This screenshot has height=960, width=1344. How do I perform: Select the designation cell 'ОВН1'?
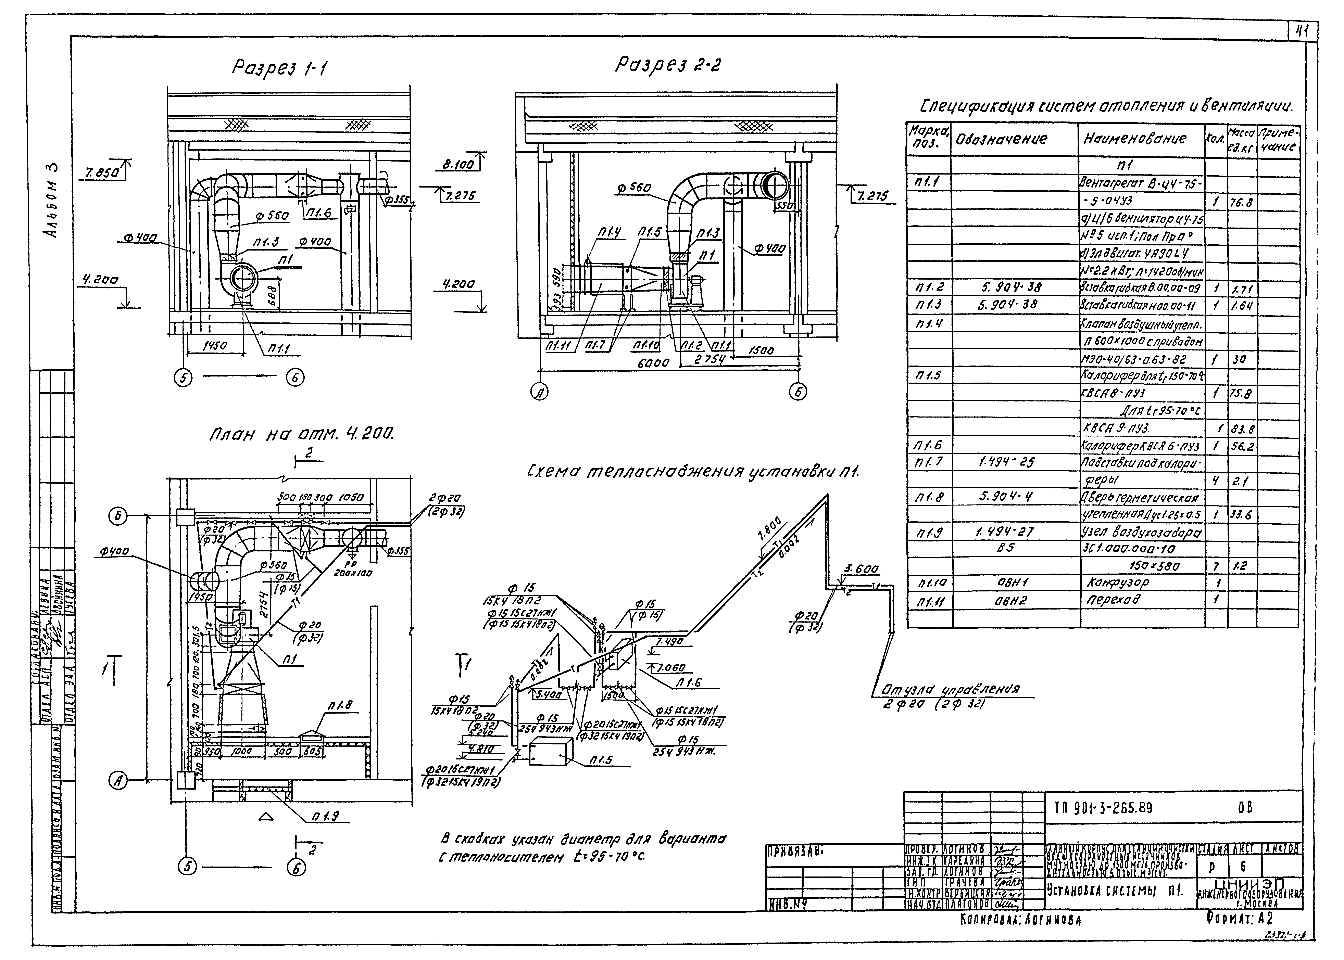click(1005, 582)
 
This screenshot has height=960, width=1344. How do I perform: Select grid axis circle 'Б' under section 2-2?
click(798, 391)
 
